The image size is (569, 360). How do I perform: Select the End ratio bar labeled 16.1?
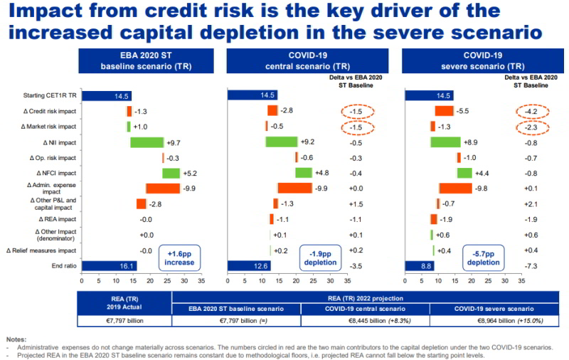[109, 266]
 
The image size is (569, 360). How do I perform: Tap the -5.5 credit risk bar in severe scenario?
[444, 111]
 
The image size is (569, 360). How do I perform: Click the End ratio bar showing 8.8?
[419, 266]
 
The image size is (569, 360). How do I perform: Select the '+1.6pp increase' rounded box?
[181, 257]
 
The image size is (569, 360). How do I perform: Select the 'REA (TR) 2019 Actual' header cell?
[125, 302]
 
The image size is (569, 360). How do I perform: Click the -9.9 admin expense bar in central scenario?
[294, 189]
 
